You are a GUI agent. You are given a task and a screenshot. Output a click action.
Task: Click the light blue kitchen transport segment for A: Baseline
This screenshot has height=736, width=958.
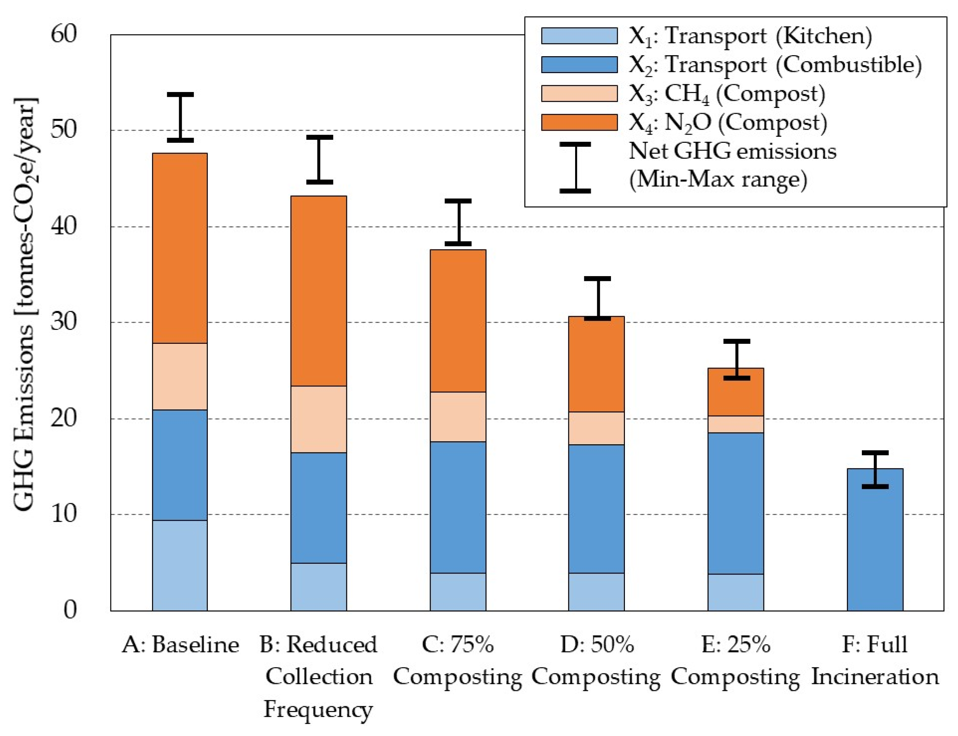tap(180, 565)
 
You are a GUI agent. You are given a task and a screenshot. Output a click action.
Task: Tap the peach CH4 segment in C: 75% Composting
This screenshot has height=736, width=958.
tap(458, 417)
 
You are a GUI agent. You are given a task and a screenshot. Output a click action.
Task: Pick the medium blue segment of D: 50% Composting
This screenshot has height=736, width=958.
tap(596, 509)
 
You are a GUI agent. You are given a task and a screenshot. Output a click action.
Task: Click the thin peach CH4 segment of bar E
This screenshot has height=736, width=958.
tap(735, 424)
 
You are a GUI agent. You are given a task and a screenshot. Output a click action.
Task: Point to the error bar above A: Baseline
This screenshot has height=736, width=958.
tap(180, 117)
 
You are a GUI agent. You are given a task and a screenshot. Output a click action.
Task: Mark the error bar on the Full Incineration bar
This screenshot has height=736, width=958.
tap(875, 469)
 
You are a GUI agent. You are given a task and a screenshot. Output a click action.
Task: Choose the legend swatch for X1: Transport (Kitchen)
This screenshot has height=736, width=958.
tap(579, 36)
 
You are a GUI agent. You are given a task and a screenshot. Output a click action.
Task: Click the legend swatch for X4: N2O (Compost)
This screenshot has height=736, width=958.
tap(579, 122)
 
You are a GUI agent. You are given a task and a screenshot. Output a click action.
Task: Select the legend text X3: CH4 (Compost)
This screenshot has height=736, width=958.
tap(726, 94)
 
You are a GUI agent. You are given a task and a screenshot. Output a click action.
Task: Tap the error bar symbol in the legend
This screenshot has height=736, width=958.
tap(575, 168)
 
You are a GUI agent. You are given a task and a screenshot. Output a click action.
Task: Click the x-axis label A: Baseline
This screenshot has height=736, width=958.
tap(180, 645)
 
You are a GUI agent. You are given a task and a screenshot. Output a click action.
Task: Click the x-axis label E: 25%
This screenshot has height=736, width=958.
tap(735, 645)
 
